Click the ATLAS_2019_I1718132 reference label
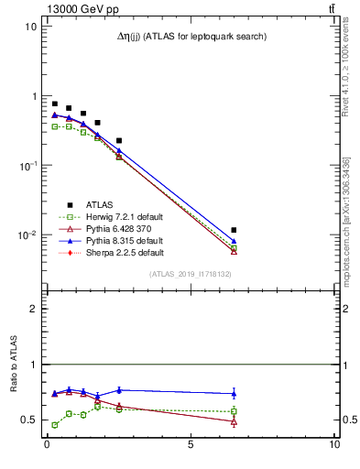[190, 273]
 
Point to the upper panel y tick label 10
[31, 27]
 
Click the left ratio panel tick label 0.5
[29, 420]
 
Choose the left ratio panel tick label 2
[33, 309]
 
